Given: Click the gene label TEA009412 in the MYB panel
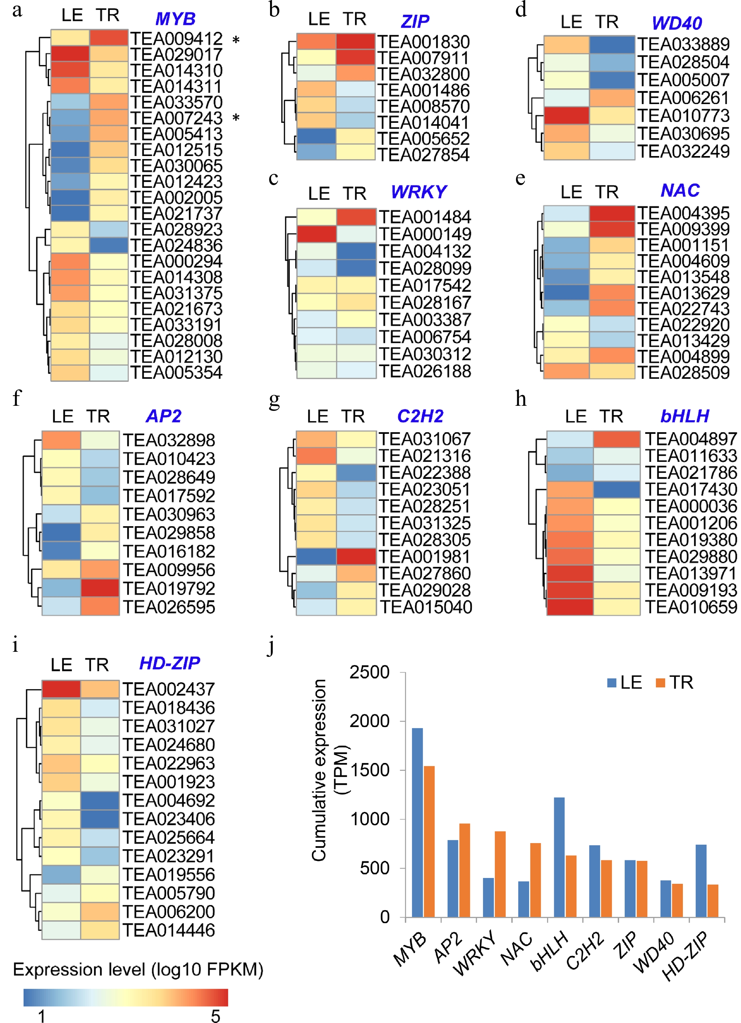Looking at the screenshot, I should (177, 39).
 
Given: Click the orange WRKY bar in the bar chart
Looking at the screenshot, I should (500, 874).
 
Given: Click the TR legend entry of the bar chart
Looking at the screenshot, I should (674, 683).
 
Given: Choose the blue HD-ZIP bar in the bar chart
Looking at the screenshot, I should (701, 881).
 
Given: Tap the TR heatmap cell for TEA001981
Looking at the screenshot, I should (356, 557).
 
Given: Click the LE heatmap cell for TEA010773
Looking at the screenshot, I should (566, 115).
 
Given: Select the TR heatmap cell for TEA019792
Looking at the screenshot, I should (100, 588).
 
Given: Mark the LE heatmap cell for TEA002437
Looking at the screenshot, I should (61, 689).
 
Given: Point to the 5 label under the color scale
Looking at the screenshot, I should (215, 1016).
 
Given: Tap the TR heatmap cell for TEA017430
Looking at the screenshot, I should (616, 489).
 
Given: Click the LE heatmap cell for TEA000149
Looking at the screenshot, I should (316, 234).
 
